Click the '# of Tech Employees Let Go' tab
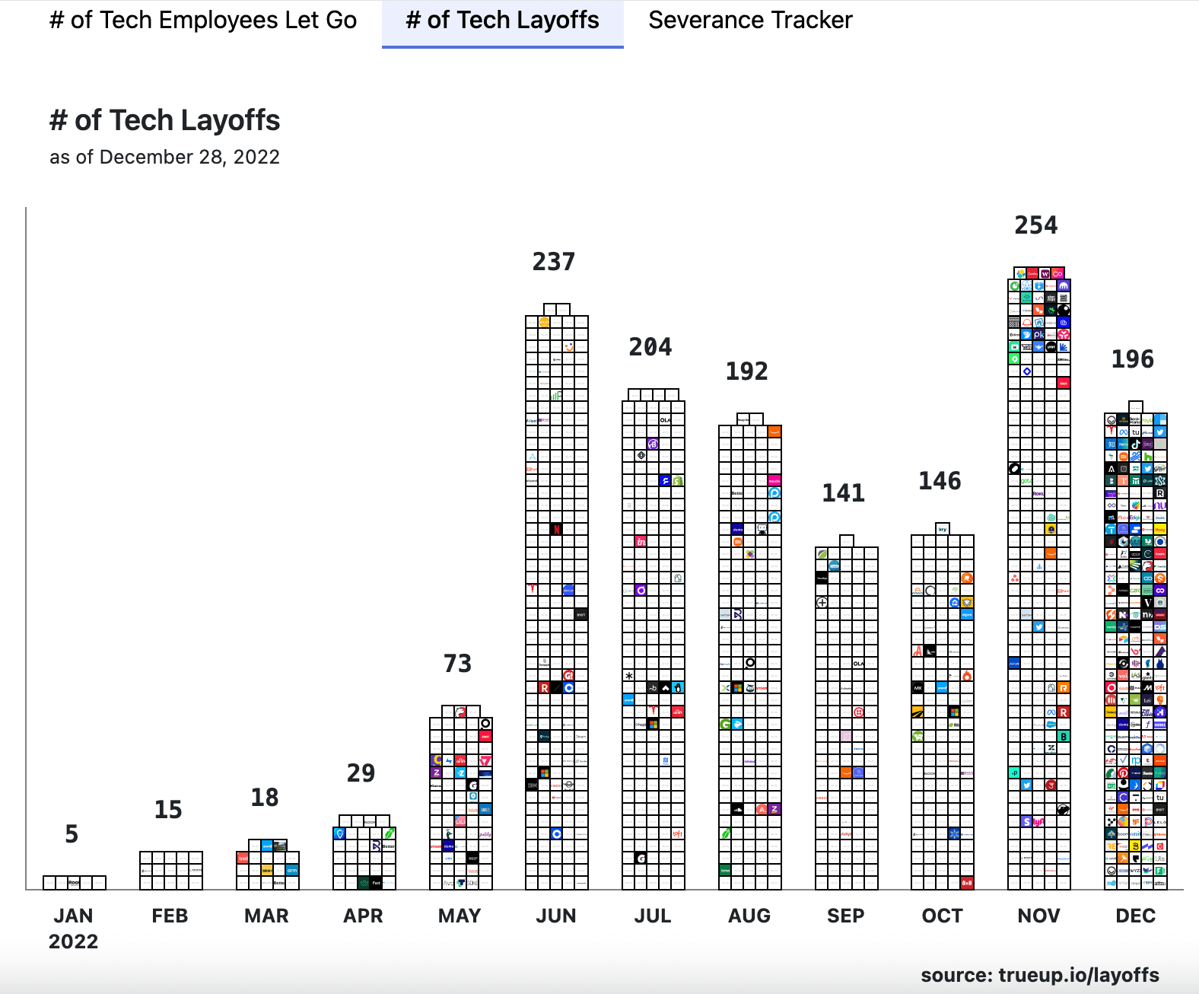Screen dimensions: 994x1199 (x=203, y=21)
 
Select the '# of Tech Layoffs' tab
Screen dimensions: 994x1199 (x=502, y=21)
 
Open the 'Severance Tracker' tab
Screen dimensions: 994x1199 (x=750, y=21)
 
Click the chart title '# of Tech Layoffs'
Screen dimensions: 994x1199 (x=164, y=120)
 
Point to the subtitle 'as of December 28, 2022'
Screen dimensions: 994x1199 (x=164, y=157)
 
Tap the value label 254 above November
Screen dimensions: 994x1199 (x=1035, y=225)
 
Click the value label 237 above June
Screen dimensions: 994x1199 (x=553, y=262)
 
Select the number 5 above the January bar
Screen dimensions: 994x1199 (x=72, y=834)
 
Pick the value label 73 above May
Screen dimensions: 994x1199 (x=457, y=664)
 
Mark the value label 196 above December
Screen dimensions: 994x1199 (x=1132, y=359)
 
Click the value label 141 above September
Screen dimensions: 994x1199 (x=843, y=493)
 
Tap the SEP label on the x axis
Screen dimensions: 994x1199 (x=845, y=916)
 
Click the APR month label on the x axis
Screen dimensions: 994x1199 (x=363, y=916)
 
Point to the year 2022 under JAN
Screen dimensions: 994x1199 (x=73, y=941)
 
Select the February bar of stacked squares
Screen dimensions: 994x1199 (x=170, y=870)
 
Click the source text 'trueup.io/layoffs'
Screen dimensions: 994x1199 (x=1079, y=975)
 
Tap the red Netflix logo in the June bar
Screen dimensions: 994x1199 (x=556, y=529)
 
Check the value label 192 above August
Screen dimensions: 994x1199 (x=746, y=371)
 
